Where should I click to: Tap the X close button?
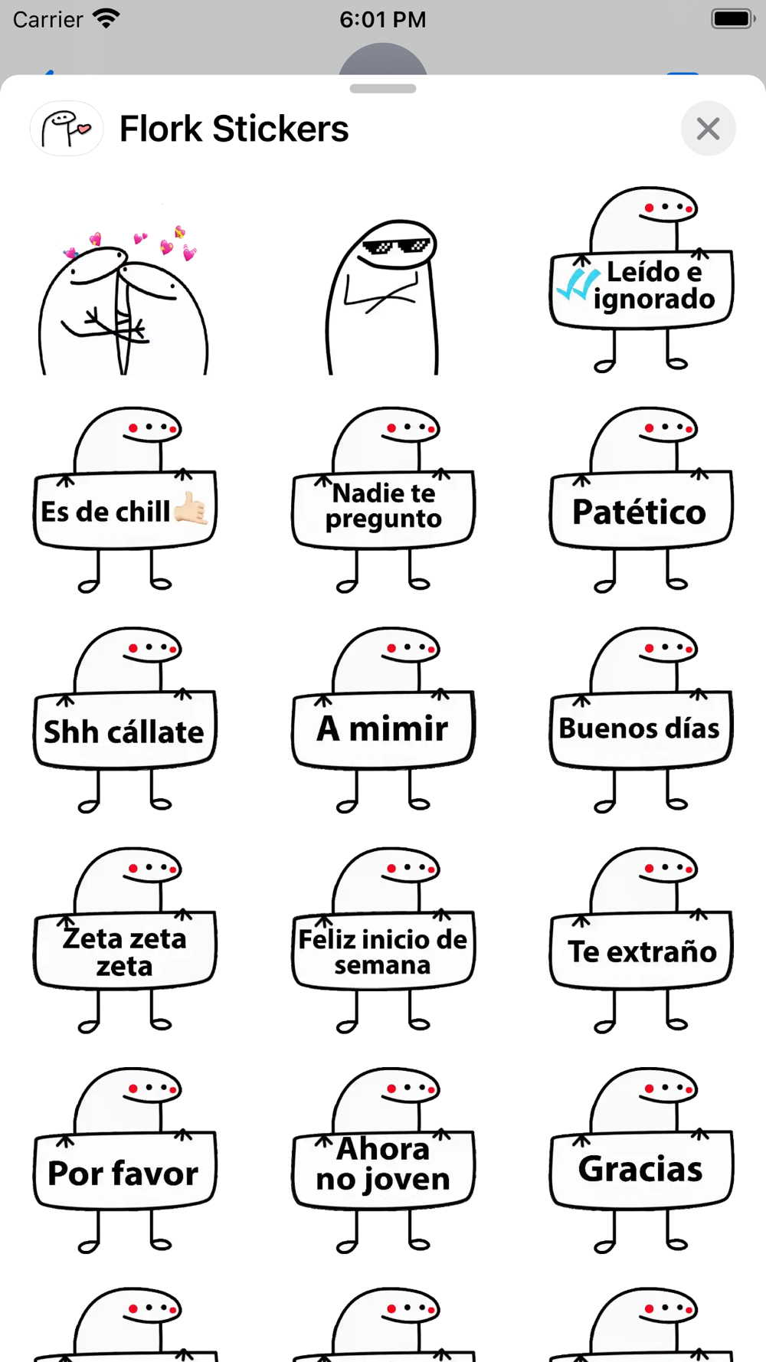708,129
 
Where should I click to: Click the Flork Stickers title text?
234,129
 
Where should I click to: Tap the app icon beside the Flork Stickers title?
67,129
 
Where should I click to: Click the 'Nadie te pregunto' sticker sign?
383,506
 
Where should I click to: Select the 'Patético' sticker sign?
640,512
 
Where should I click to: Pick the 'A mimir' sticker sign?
383,728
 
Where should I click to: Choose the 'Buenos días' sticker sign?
640,728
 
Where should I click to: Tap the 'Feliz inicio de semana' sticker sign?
383,951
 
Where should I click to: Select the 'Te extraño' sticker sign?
642,951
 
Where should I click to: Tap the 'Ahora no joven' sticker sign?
383,1164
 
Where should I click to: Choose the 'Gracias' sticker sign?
640,1169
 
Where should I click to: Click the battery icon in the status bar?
732,19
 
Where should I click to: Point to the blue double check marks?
577,284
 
